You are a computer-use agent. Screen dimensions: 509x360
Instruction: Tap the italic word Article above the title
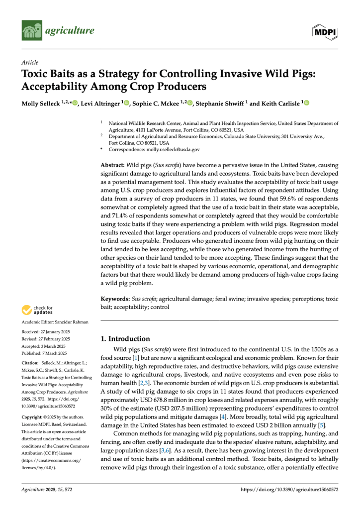click(30, 63)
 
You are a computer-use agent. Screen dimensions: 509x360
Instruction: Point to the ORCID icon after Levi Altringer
click(126, 103)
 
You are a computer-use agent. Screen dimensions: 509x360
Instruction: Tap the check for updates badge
click(37, 310)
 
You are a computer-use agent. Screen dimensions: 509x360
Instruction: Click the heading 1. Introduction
click(125, 338)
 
